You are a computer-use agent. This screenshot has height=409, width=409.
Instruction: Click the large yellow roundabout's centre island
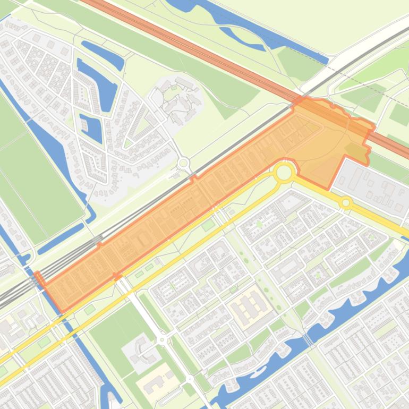click(x=284, y=172)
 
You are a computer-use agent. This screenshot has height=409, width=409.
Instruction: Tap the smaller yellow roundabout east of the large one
click(x=346, y=202)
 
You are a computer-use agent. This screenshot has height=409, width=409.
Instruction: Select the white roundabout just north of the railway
click(x=184, y=163)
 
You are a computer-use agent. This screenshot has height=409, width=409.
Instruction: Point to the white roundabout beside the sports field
click(x=162, y=339)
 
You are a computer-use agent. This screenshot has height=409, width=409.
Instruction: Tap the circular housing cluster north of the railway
click(x=178, y=98)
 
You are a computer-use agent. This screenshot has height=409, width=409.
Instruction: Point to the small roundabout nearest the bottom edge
click(x=190, y=379)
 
